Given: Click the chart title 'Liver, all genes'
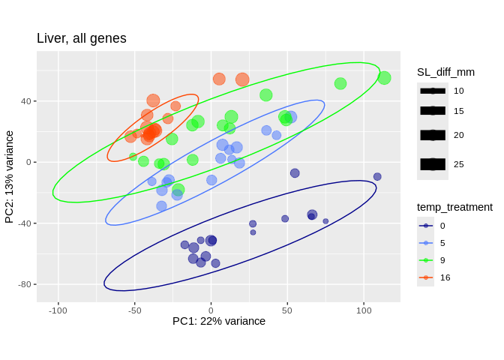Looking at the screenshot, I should (82, 38).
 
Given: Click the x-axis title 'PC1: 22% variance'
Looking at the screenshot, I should (219, 321).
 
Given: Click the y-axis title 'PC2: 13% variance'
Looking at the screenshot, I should (10, 177).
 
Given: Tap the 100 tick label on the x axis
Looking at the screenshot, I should (364, 310).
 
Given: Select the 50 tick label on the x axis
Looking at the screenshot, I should (287, 310).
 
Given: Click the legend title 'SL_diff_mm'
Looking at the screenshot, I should (445, 72).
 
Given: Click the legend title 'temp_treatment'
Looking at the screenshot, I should (454, 207).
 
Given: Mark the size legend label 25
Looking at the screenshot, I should (458, 164).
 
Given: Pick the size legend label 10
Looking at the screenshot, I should (458, 91).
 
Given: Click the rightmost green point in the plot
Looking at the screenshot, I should (384, 78).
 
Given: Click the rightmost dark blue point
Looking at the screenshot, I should (377, 177).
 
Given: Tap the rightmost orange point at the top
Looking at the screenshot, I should (242, 79).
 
